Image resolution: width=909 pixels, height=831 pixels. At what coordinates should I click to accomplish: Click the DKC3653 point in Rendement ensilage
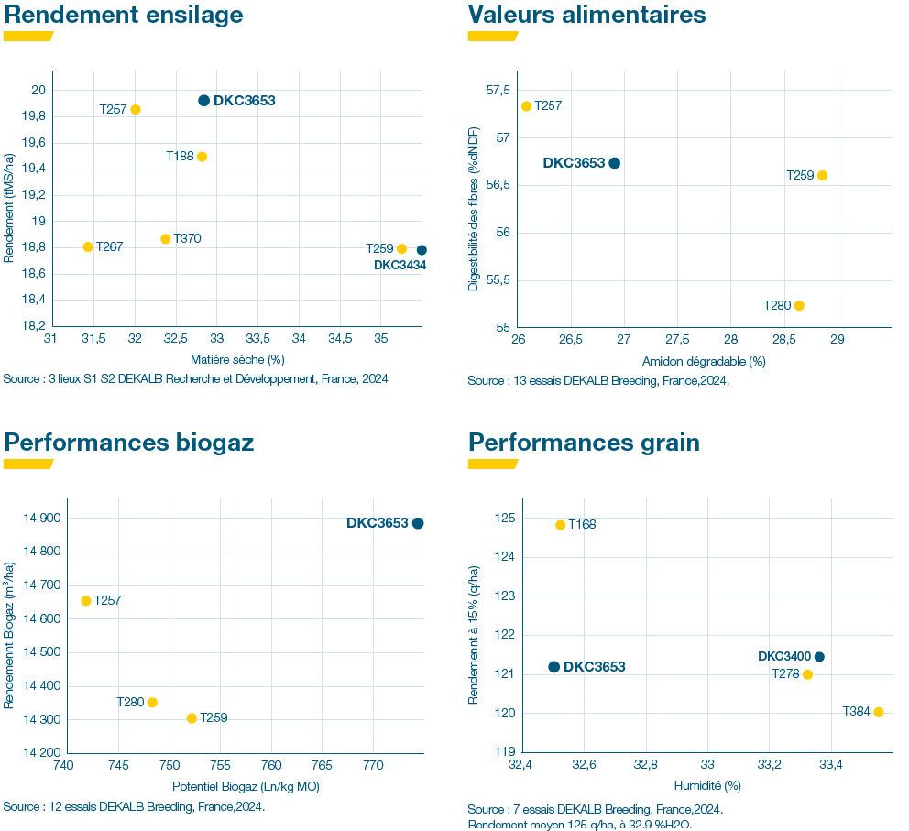point(204,101)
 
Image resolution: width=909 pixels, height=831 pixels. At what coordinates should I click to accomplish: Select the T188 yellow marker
point(203,157)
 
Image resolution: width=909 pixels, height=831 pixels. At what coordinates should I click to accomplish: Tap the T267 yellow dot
point(88,246)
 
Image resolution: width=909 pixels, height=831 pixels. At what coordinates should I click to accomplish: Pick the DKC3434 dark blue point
point(422,250)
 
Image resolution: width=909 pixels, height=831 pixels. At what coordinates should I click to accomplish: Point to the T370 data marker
point(166,239)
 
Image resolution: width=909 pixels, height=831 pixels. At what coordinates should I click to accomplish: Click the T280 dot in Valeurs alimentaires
point(799,305)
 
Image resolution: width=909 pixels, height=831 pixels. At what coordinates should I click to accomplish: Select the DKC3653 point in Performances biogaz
point(418,523)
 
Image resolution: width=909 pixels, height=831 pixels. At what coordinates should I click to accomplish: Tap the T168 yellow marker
point(561,525)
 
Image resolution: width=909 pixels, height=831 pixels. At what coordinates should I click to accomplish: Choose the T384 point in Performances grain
point(879,712)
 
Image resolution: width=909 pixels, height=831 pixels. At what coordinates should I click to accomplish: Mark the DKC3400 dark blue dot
point(819,656)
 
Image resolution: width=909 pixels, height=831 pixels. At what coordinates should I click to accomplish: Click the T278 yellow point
point(807,674)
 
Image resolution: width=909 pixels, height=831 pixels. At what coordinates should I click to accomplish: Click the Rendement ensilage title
point(124,15)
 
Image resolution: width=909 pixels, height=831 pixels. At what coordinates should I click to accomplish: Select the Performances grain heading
point(584,443)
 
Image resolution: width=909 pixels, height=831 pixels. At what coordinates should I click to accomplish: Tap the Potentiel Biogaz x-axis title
point(246,786)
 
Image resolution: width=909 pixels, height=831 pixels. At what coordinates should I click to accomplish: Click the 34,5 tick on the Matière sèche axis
point(340,338)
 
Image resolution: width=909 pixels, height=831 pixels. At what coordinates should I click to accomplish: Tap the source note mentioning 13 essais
point(598,381)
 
